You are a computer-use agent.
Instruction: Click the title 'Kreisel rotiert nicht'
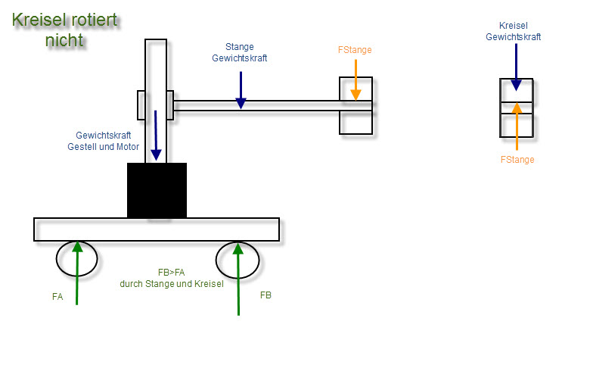pyautogui.click(x=65, y=30)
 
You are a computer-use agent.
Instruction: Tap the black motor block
pyautogui.click(x=157, y=190)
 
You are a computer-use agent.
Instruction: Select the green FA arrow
pyautogui.click(x=77, y=273)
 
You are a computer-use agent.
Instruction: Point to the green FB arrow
pyautogui.click(x=238, y=279)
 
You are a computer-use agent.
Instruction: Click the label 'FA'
pyautogui.click(x=57, y=297)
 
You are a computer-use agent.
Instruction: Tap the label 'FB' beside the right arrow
pyautogui.click(x=265, y=295)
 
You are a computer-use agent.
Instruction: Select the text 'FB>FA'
pyautogui.click(x=171, y=273)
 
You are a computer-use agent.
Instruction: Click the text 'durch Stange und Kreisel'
pyautogui.click(x=172, y=284)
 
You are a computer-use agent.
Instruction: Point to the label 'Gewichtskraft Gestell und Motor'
pyautogui.click(x=103, y=141)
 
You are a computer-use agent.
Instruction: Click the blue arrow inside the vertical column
pyautogui.click(x=156, y=135)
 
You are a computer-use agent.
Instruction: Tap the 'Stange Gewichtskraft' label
pyautogui.click(x=239, y=52)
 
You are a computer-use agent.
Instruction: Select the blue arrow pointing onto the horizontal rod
pyautogui.click(x=241, y=90)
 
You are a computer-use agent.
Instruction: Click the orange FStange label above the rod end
pyautogui.click(x=355, y=50)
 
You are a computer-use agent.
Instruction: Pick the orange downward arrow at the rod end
pyautogui.click(x=355, y=80)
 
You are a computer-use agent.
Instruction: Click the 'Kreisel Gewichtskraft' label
pyautogui.click(x=513, y=32)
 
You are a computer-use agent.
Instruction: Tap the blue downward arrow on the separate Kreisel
pyautogui.click(x=516, y=67)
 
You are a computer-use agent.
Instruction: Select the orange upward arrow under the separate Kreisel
pyautogui.click(x=517, y=126)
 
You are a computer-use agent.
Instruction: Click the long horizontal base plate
pyautogui.click(x=157, y=229)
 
